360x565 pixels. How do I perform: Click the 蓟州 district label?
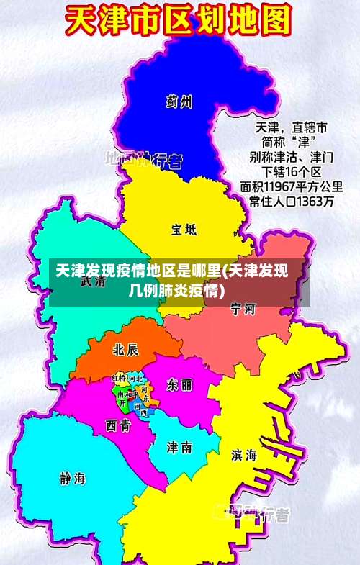click(x=179, y=101)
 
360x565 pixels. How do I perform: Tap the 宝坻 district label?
click(x=184, y=230)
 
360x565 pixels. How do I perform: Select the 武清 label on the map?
click(x=93, y=281)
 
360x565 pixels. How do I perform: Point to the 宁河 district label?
click(x=243, y=309)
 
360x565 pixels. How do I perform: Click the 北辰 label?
click(x=126, y=349)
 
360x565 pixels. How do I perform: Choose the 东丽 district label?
click(x=179, y=384)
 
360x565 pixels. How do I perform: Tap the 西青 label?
click(x=118, y=425)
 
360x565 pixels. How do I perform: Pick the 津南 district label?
click(x=179, y=446)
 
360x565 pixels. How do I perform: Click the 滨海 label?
click(x=243, y=455)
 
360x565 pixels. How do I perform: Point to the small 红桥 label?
click(x=120, y=379)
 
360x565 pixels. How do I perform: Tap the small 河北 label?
click(x=135, y=379)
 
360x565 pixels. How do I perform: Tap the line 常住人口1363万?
click(x=291, y=202)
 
